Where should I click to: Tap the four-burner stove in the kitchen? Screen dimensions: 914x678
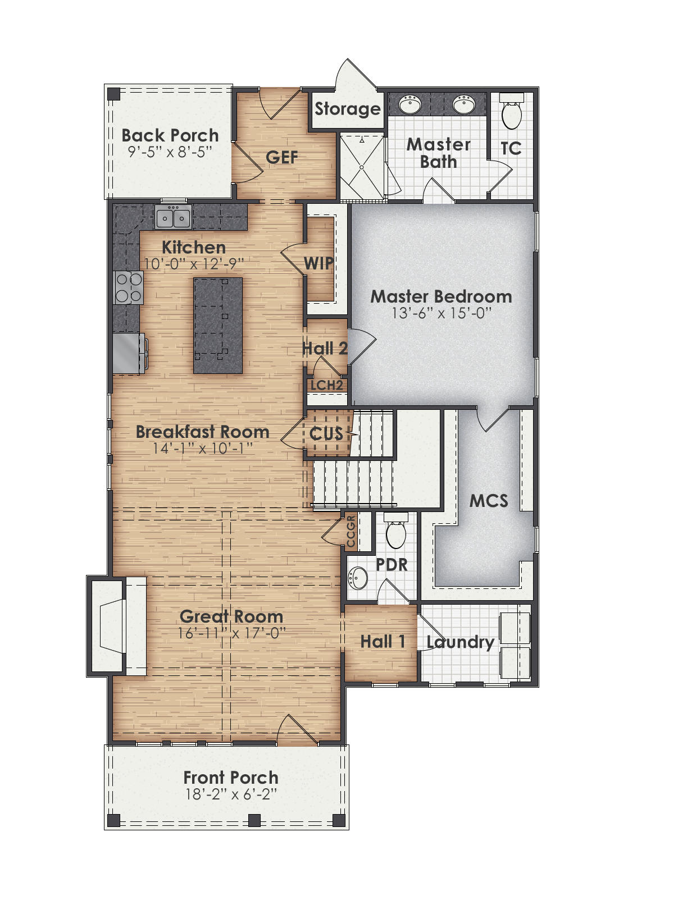(128, 287)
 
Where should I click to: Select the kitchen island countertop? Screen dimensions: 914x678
(218, 325)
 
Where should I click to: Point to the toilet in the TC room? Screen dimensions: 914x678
(511, 113)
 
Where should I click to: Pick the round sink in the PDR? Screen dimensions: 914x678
(358, 577)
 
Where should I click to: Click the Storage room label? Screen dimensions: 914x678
(347, 109)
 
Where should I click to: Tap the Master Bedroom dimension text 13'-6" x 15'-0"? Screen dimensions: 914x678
(442, 313)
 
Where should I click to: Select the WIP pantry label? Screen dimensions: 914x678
(318, 263)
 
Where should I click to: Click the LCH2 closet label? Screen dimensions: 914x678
(326, 385)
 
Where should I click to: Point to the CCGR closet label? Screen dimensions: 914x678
(351, 531)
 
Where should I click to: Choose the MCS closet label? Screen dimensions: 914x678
(489, 501)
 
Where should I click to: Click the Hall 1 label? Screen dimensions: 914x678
(383, 641)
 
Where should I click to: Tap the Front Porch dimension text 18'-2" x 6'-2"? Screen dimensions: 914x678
(231, 794)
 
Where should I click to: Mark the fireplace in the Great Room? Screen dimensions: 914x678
(112, 626)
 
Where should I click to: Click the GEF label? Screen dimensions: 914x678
(281, 157)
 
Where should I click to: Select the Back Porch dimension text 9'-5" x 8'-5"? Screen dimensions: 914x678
(170, 152)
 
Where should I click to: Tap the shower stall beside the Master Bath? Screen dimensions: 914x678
(362, 166)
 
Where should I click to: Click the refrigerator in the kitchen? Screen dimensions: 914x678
(128, 354)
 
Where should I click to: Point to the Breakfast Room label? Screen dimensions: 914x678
(202, 432)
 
